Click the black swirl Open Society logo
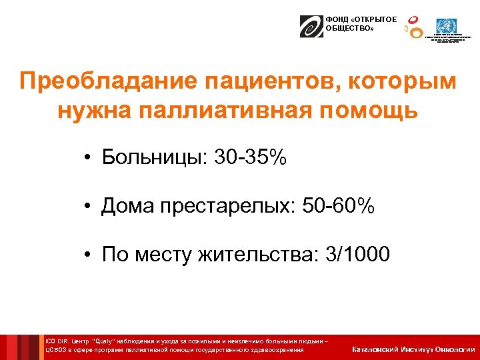pyautogui.click(x=311, y=26)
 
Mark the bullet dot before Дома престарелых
pyautogui.click(x=88, y=207)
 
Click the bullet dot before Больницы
pyautogui.click(x=88, y=158)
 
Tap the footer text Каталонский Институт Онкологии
pyautogui.click(x=413, y=349)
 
